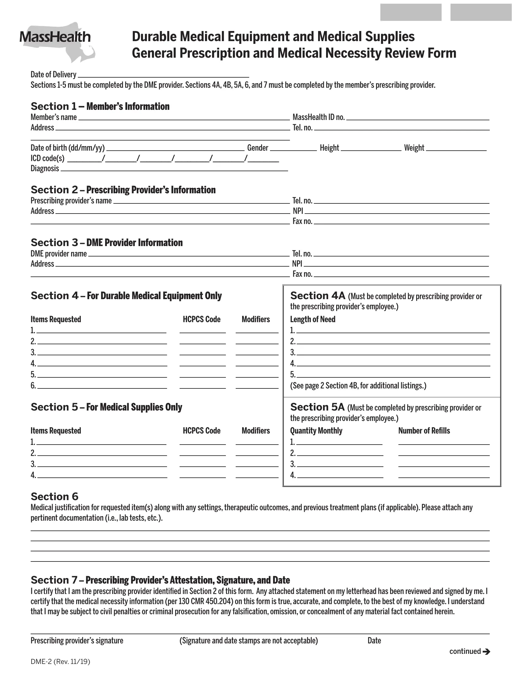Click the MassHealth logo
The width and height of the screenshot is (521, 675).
tap(55, 39)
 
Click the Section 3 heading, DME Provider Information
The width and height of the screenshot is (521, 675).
tap(106, 243)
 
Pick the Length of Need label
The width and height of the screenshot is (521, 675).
tap(312, 319)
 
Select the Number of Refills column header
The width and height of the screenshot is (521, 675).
tap(424, 430)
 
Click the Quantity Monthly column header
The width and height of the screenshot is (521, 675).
tap(316, 430)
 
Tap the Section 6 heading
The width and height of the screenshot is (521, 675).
tap(54, 497)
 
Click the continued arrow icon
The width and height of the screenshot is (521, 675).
tap(486, 651)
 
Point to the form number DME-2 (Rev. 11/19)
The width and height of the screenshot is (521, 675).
tap(60, 662)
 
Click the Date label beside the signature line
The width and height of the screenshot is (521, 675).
tap(374, 640)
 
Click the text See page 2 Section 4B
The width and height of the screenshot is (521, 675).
tap(358, 386)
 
